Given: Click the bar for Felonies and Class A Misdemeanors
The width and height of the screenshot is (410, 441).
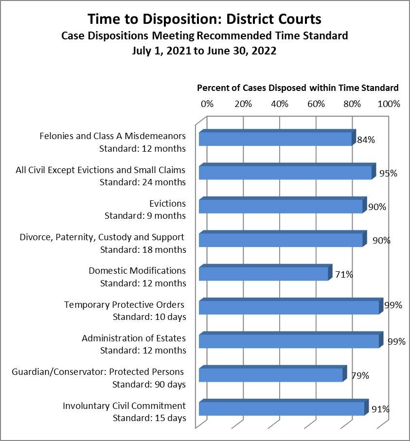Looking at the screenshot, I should click(x=275, y=139).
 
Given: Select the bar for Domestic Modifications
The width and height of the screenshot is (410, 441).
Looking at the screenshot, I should click(x=264, y=274).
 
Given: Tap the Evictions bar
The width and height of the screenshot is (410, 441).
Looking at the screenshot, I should click(x=281, y=206).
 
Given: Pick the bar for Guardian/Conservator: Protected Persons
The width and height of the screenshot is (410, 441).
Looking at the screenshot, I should click(x=271, y=375).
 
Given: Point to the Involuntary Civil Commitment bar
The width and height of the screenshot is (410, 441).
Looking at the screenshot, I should click(x=282, y=408).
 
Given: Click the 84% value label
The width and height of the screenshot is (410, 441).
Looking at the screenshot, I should click(x=366, y=140).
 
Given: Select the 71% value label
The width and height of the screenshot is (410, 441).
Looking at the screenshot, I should click(x=344, y=274).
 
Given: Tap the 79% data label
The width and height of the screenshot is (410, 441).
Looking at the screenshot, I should click(x=360, y=375).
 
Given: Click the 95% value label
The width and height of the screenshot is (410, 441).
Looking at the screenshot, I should click(x=388, y=173).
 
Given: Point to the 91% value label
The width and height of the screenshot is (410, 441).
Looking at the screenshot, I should click(x=380, y=409).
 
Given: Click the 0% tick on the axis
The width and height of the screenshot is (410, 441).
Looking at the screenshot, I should click(x=207, y=104).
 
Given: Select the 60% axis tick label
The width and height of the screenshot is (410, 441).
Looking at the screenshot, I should click(x=316, y=104).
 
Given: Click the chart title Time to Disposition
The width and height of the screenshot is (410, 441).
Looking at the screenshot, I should click(x=204, y=19).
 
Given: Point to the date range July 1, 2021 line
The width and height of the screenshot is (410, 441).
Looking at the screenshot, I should click(x=204, y=51).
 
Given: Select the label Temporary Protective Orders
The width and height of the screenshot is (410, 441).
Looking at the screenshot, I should click(x=125, y=305).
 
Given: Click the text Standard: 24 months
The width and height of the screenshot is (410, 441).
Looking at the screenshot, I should click(x=143, y=182).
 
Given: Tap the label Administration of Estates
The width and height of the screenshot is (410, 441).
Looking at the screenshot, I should click(x=134, y=338).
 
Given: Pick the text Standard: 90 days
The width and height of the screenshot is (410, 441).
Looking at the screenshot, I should click(x=149, y=384).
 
